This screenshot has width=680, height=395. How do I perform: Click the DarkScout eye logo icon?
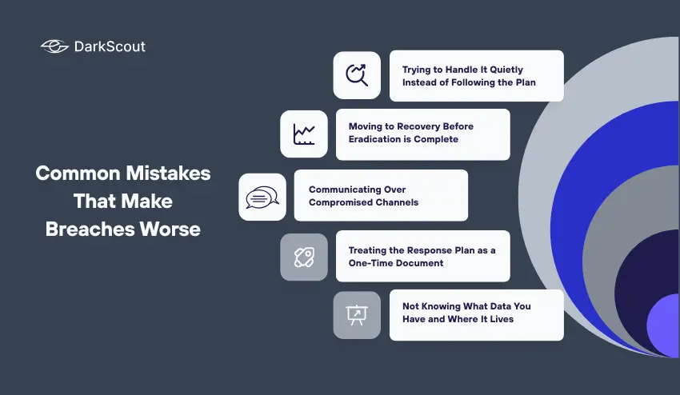pos(55,46)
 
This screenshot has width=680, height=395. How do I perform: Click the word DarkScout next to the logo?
pos(110,46)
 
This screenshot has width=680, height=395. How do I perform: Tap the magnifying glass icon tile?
pos(357,75)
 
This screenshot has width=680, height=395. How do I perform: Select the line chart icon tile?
pos(304,134)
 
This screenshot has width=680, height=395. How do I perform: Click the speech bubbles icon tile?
pos(262,197)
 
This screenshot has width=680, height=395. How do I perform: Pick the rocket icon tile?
pos(304,257)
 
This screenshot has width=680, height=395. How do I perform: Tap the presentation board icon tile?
pos(357,314)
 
